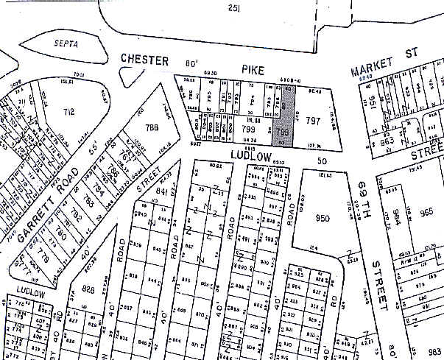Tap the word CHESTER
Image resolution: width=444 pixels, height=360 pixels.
tap(144, 60)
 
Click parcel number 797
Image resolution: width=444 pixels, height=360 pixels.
tap(313, 119)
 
